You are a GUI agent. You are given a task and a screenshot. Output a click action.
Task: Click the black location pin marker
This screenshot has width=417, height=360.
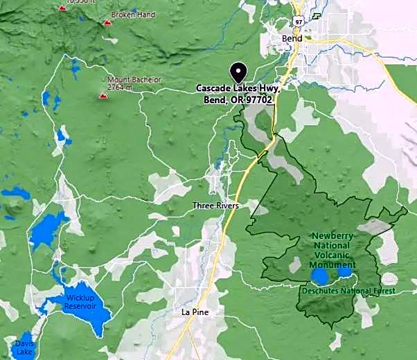(238, 72)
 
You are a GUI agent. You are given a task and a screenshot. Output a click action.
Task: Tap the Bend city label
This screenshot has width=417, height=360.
(292, 39)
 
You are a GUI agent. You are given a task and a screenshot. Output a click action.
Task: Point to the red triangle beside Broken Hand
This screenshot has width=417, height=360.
(107, 23)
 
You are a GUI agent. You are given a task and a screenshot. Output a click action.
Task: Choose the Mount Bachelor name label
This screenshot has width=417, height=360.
(134, 80)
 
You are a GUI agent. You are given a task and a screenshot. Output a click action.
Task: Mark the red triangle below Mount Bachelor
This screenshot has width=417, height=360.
(103, 96)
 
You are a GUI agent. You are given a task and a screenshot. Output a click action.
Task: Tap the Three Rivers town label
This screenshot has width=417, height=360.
(215, 206)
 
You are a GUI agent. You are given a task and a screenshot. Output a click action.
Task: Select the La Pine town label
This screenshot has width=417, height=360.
(195, 312)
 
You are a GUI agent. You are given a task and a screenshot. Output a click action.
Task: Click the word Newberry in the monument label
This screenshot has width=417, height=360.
(332, 236)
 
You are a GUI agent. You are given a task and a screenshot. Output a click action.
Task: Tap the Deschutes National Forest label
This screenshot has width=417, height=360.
(348, 291)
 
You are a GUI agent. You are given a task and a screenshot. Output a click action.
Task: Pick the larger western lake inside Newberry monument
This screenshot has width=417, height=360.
(319, 277)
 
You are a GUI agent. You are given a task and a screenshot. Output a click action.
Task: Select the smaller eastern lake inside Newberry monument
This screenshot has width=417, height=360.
(344, 272)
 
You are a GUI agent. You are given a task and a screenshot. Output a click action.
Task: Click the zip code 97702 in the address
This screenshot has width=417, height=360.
(259, 100)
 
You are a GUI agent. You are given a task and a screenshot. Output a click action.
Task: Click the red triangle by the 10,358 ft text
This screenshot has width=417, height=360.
(62, 7)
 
